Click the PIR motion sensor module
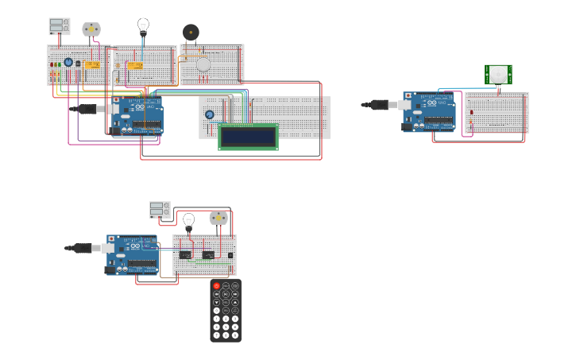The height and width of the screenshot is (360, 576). (498, 75)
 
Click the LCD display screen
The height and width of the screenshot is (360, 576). (248, 137)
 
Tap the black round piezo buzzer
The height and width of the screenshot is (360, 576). (191, 32)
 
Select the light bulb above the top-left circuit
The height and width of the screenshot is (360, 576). (143, 26)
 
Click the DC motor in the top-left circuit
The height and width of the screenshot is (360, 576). (91, 29)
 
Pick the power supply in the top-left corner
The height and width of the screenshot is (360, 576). (60, 26)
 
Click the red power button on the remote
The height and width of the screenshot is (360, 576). (216, 285)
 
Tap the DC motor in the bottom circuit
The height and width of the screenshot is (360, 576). (218, 217)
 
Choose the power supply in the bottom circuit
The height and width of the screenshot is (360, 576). (160, 209)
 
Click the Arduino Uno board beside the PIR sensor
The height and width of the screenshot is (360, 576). (429, 111)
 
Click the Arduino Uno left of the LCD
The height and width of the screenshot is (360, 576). (137, 115)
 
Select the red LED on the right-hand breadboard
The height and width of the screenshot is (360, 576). (471, 112)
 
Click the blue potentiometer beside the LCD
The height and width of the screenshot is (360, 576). (210, 114)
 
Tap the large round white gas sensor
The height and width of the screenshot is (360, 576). (203, 65)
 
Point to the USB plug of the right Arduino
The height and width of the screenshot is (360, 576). (380, 104)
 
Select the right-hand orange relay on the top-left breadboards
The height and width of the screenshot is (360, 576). (135, 65)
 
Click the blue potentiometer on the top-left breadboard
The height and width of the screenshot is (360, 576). (68, 62)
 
